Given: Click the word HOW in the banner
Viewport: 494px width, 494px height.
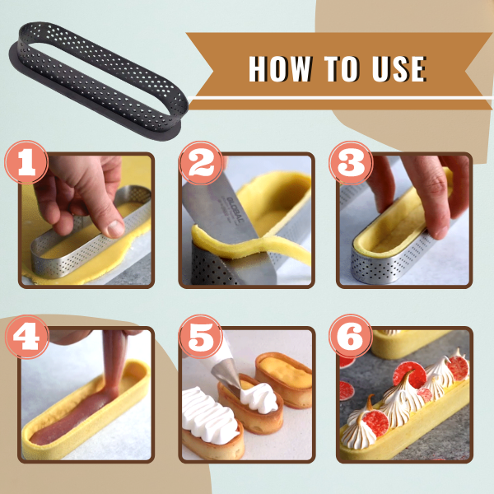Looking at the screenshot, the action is [280, 68].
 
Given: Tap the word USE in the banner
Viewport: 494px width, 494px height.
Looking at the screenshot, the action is [399, 68].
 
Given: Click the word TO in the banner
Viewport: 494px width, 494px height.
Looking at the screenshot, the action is [342, 68].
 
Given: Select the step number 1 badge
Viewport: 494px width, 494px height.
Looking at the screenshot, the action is [26, 162].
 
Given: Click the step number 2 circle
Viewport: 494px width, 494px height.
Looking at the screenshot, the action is [201, 162].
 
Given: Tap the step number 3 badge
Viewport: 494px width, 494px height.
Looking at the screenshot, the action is [351, 162].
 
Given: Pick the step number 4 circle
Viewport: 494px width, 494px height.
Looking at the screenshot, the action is [26, 336].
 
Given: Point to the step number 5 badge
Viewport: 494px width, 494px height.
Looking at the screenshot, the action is [201, 336].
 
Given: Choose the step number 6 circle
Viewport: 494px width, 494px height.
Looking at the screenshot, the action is [351, 336].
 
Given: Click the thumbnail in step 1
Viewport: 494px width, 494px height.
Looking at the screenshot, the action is [115, 228].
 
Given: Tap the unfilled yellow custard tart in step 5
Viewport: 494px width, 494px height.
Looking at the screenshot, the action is [283, 380].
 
